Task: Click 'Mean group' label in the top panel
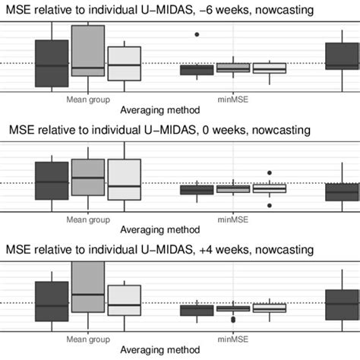click(x=88, y=99)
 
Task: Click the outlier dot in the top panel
click(x=197, y=34)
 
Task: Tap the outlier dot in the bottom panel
click(x=233, y=320)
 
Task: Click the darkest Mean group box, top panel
click(x=52, y=63)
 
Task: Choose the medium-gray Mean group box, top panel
click(x=88, y=50)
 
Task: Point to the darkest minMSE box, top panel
click(x=197, y=70)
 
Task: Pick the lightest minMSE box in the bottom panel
click(x=270, y=308)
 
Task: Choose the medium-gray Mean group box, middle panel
click(x=88, y=178)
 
